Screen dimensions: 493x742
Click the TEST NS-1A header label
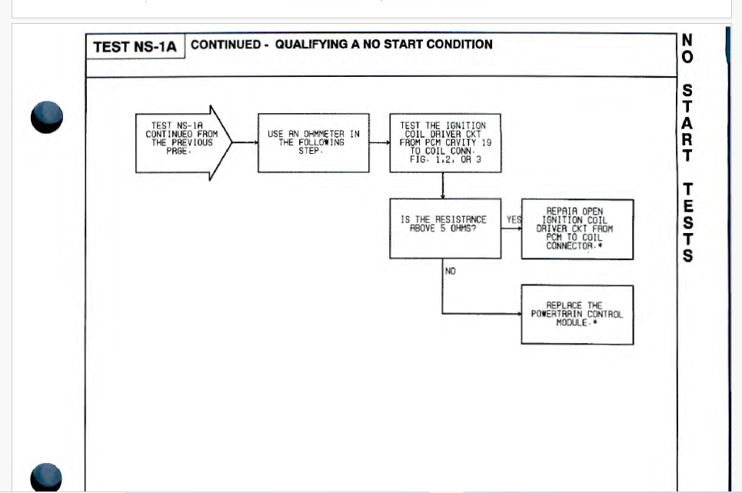[x=135, y=47]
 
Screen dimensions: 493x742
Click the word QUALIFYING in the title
[x=311, y=45]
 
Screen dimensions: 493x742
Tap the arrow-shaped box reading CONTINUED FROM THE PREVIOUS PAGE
[x=181, y=142]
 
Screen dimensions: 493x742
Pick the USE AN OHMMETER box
[x=313, y=142]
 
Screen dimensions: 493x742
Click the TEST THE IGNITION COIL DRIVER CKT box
[x=444, y=142]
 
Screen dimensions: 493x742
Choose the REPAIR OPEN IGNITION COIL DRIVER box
[x=577, y=228]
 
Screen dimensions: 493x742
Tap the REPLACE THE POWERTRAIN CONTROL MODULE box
[x=577, y=315]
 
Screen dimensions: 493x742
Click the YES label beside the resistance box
[x=513, y=220]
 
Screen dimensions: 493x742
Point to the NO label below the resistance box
[x=450, y=271]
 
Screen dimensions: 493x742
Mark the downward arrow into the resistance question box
[x=443, y=188]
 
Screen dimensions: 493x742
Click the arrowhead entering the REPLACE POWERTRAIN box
[x=517, y=315]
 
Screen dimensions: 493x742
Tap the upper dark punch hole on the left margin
[x=47, y=118]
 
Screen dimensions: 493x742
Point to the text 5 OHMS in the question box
[x=458, y=228]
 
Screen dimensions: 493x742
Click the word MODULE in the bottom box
[x=572, y=323]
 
